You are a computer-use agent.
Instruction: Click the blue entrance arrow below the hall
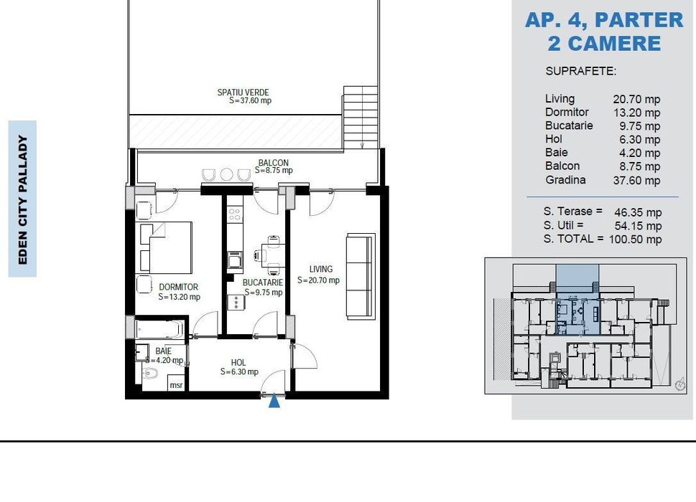tap(274, 401)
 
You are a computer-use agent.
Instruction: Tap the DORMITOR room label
tap(178, 287)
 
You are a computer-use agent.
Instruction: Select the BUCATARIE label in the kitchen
tap(263, 283)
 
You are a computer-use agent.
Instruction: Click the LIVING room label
tap(321, 269)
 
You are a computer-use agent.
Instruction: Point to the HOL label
tap(238, 362)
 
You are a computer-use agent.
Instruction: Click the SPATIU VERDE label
tap(243, 93)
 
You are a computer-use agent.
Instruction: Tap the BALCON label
tap(274, 163)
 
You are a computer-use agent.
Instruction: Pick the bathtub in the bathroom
tap(159, 328)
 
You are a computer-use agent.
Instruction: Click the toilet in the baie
tap(150, 374)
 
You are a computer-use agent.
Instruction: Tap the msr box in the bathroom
tap(176, 384)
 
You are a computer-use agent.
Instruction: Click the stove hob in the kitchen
tap(235, 215)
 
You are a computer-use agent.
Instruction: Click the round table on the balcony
tap(227, 174)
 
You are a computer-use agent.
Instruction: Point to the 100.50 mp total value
tap(635, 240)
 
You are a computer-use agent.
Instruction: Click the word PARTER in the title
tap(639, 20)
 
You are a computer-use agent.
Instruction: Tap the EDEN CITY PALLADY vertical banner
tap(23, 199)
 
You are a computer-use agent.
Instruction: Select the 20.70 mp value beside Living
tap(636, 99)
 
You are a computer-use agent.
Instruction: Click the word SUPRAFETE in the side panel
tap(580, 71)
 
